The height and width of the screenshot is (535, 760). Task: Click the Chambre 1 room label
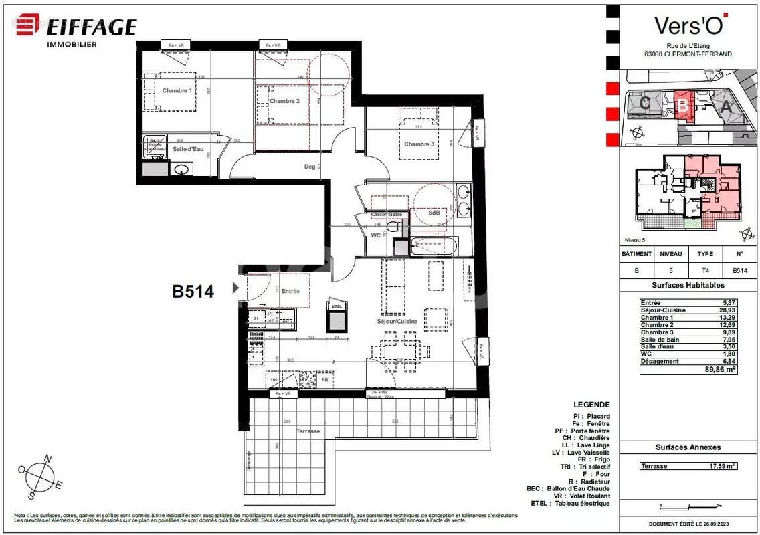177,90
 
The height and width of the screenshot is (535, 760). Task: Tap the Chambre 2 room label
284,101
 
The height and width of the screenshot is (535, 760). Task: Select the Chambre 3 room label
419,144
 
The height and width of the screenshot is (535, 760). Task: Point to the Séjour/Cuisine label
397,321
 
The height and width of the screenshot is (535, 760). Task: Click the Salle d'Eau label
188,149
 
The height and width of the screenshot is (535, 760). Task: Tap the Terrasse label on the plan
308,431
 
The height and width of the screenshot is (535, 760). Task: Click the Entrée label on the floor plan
290,291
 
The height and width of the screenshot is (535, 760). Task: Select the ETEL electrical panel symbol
336,318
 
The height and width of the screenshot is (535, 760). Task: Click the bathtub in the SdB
433,247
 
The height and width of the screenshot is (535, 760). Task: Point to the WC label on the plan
375,235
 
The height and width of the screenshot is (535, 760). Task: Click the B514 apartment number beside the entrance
193,291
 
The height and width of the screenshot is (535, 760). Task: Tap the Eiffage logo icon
28,25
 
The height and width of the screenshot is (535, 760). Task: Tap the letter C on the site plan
645,103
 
